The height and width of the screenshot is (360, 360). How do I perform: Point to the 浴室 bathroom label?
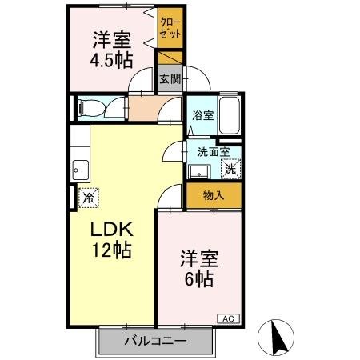tap(202, 114)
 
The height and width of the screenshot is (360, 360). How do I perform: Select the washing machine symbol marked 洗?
tap(230, 169)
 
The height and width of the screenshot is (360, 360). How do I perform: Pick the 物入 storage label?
tap(212, 194)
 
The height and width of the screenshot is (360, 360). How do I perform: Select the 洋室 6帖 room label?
tap(197, 270)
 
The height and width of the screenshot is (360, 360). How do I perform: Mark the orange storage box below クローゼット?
tap(169, 58)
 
